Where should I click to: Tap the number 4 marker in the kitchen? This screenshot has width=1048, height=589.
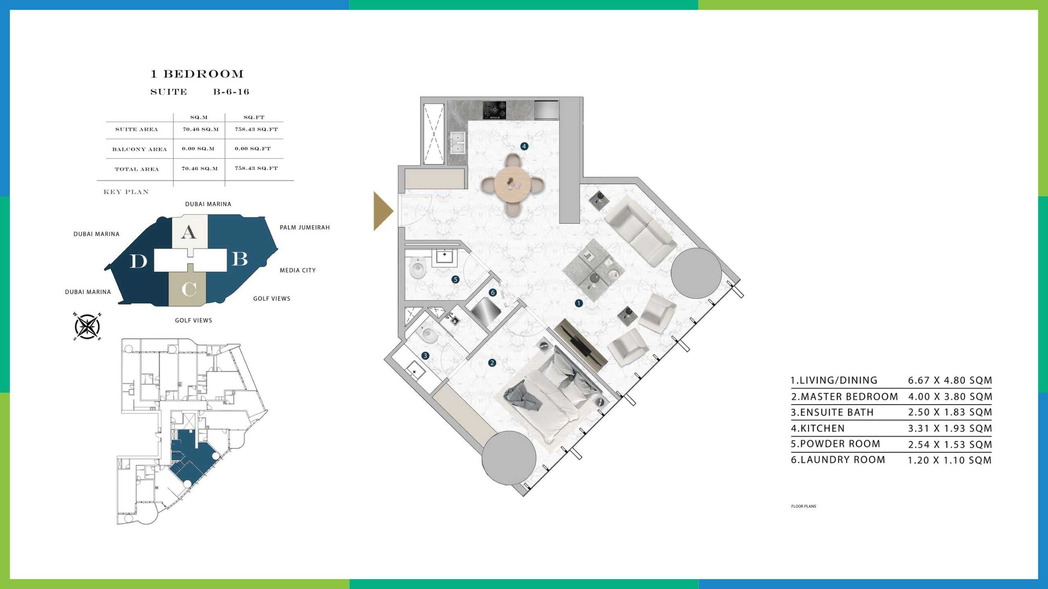pyautogui.click(x=524, y=146)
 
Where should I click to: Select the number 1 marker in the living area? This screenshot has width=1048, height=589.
pyautogui.click(x=578, y=303)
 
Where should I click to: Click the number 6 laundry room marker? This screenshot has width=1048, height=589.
pyautogui.click(x=493, y=292)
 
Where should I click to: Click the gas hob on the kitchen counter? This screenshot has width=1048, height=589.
pyautogui.click(x=495, y=110)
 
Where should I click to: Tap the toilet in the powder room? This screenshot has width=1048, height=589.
pyautogui.click(x=418, y=269)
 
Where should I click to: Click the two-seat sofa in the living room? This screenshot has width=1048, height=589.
pyautogui.click(x=641, y=231)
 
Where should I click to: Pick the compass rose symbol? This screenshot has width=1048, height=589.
pyautogui.click(x=87, y=327)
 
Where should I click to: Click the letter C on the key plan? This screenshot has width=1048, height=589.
pyautogui.click(x=189, y=289)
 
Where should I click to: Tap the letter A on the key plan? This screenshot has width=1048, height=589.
pyautogui.click(x=188, y=232)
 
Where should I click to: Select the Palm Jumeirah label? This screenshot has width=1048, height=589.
pyautogui.click(x=305, y=227)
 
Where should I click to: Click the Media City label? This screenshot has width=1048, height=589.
pyautogui.click(x=298, y=270)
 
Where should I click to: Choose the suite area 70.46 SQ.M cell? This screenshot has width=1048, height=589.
pyautogui.click(x=201, y=129)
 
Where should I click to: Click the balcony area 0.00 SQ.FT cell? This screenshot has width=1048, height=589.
pyautogui.click(x=253, y=148)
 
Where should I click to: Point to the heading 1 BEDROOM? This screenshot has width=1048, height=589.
pyautogui.click(x=197, y=74)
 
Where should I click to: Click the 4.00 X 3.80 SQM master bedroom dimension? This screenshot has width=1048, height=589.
pyautogui.click(x=950, y=397)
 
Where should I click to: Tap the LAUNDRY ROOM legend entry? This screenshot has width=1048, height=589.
pyautogui.click(x=838, y=460)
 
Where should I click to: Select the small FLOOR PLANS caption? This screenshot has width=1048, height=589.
pyautogui.click(x=804, y=506)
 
